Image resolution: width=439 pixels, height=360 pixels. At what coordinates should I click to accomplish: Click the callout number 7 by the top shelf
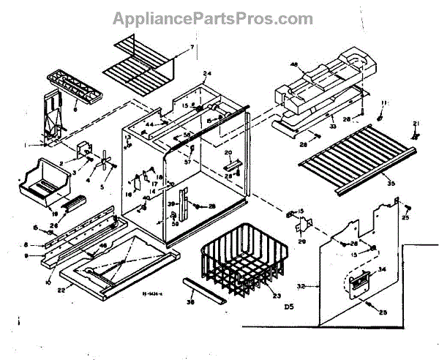192,48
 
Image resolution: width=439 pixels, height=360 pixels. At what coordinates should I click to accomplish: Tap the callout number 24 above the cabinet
207,74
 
